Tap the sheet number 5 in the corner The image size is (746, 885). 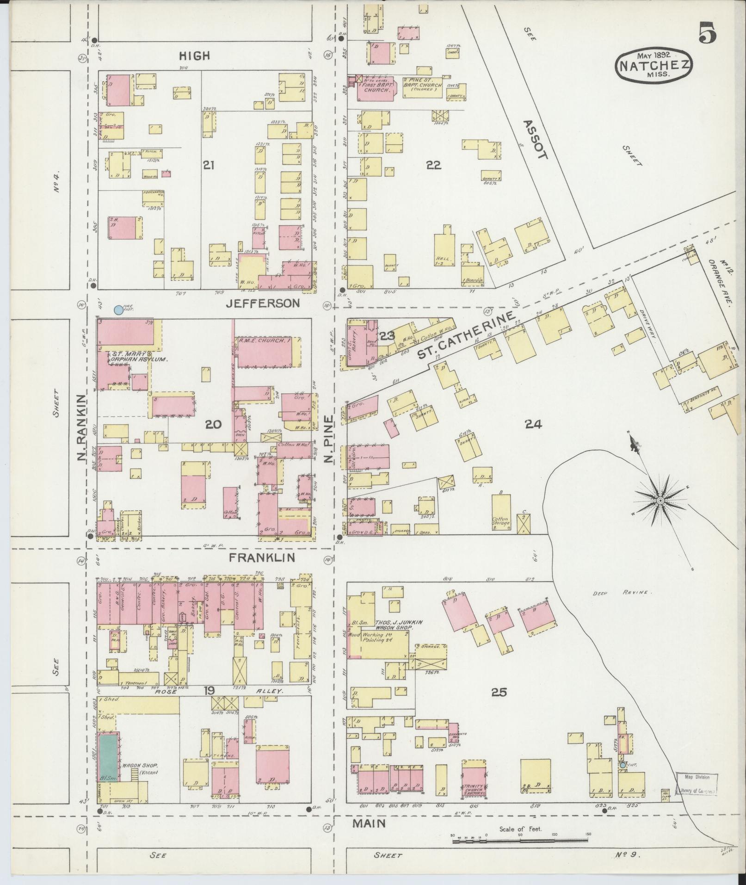pos(708,32)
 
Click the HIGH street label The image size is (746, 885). pos(195,56)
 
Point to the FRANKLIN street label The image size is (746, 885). pos(262,557)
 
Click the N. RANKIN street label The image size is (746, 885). pos(82,427)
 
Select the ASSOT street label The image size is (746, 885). pos(535,139)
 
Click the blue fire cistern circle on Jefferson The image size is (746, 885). pos(118,310)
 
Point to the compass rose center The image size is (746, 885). pos(660,501)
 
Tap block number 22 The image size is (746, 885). pos(433,165)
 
